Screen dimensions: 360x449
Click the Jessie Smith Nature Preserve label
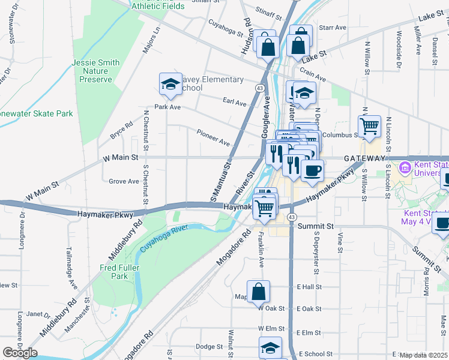pyautogui.click(x=96, y=71)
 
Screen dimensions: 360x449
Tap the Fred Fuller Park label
pyautogui.click(x=114, y=272)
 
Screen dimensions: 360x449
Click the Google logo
pyautogui.click(x=20, y=353)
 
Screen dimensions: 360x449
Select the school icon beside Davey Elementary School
pyautogui.click(x=170, y=85)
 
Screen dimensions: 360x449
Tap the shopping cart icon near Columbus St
pyautogui.click(x=370, y=126)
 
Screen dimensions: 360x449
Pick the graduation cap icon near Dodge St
pyautogui.click(x=270, y=347)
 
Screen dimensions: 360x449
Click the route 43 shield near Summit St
pyautogui.click(x=291, y=216)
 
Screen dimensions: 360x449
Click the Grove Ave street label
pyautogui.click(x=124, y=181)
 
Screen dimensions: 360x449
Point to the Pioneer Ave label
pyautogui.click(x=214, y=137)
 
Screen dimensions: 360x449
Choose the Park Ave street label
pyautogui.click(x=167, y=107)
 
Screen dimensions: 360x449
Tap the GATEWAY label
pyautogui.click(x=364, y=158)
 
